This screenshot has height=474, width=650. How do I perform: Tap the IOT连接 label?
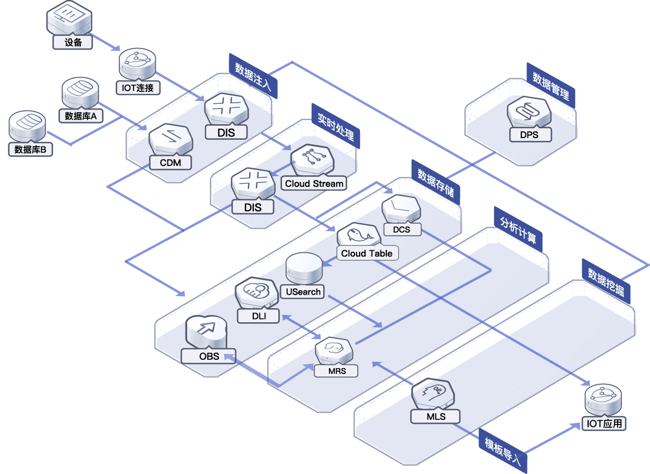click(x=138, y=88)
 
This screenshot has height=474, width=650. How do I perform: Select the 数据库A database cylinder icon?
click(x=80, y=93)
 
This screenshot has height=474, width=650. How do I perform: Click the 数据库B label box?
click(x=30, y=150)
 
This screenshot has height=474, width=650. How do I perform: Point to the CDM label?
click(x=170, y=163)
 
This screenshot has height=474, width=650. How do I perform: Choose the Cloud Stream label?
click(x=314, y=184)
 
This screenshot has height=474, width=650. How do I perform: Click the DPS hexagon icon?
click(x=529, y=112)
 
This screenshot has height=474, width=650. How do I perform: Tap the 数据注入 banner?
click(x=253, y=76)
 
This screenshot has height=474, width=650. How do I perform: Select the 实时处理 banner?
click(x=336, y=126)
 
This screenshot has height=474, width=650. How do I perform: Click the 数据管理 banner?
click(x=551, y=86)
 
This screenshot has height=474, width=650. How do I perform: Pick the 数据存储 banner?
click(x=436, y=183)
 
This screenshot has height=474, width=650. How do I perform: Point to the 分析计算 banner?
click(x=518, y=229)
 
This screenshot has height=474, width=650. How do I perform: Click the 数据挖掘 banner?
click(x=606, y=282)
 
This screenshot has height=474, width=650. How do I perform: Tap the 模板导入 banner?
click(x=503, y=451)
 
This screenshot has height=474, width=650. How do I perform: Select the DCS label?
click(x=402, y=229)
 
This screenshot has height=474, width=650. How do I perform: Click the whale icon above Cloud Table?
click(x=359, y=235)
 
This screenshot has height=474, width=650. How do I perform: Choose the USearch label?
click(x=303, y=291)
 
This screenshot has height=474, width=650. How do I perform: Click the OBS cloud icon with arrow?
click(x=206, y=332)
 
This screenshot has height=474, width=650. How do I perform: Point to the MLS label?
click(x=436, y=417)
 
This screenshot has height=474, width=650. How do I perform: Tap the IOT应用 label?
click(x=604, y=423)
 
